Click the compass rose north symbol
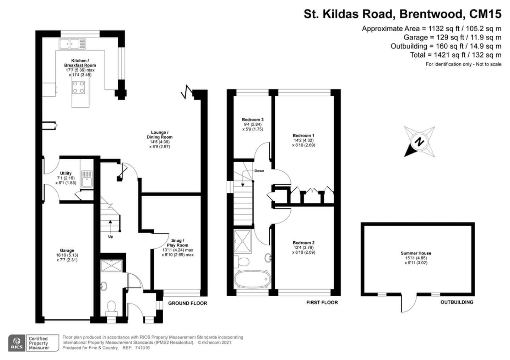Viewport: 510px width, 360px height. pos(419,141)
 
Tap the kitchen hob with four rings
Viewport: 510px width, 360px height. pos(79,87)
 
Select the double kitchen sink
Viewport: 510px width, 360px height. pos(72,44)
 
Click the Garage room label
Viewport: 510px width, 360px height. pos(67,250)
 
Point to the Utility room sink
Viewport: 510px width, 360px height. pos(87,179)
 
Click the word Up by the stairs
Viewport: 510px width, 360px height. pos(110,236)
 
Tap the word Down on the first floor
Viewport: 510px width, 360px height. pos(259,171)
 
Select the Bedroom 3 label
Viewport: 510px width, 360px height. pos(253,119)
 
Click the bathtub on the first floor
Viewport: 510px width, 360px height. pos(252,279)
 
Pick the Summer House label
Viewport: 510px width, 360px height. pos(416,253)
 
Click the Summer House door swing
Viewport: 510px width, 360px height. pos(409,304)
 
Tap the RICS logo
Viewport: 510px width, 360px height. pos(17,343)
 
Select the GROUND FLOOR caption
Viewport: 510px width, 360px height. pos(188,303)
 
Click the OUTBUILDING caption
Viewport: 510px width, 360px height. pos(457,302)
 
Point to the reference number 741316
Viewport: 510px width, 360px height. pos(142,348)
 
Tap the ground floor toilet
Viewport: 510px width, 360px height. pos(111,308)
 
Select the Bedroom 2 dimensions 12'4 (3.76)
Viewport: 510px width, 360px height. pos(304,247)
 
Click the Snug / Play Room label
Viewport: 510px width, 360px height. pos(177,243)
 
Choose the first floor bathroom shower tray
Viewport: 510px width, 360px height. pos(243,241)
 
